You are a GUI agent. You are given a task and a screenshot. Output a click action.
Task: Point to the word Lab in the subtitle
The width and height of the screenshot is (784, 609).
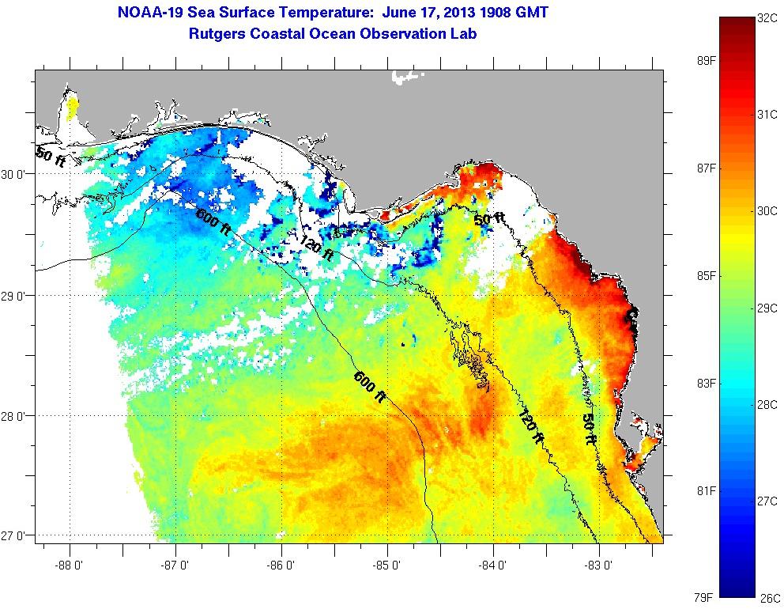pos(464,33)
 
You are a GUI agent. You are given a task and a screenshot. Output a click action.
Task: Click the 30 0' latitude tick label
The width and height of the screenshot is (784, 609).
pos(15,175)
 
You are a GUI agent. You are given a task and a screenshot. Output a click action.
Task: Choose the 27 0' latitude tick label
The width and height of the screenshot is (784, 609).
pos(15,535)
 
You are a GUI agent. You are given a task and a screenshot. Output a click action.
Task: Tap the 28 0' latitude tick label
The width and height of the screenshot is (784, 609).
pos(15,416)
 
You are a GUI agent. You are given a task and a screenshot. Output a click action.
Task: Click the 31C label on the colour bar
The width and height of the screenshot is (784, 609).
pos(767,115)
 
